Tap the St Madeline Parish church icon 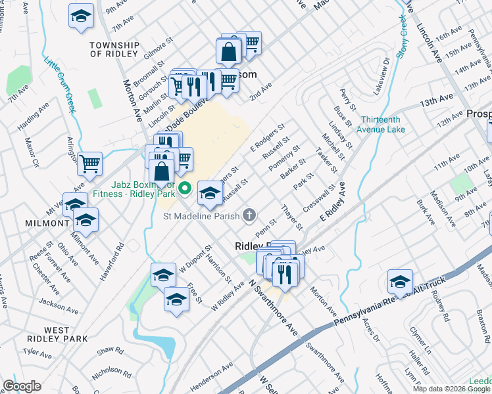click(249, 214)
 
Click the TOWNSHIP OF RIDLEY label click(114, 49)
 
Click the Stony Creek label click(403, 32)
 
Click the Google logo click(22, 385)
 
